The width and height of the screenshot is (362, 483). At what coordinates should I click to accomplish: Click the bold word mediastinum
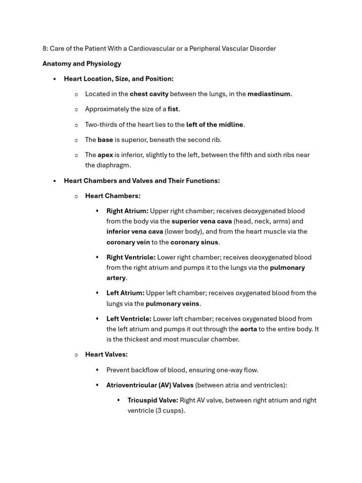tap(269, 94)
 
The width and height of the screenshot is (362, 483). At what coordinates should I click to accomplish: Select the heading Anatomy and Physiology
tap(82, 64)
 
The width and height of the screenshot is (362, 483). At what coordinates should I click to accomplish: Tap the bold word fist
tap(173, 109)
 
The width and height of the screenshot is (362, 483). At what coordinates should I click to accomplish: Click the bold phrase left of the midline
tap(214, 125)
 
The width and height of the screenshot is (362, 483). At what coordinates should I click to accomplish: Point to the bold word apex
tap(105, 155)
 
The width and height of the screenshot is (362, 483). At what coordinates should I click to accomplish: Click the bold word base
tap(105, 140)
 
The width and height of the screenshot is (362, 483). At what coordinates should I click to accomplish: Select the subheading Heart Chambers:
tap(113, 196)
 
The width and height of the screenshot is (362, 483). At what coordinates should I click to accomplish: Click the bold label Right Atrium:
tap(127, 211)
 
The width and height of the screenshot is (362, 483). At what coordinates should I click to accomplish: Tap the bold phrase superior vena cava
tap(201, 221)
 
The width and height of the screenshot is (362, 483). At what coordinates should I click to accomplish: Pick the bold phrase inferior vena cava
tap(134, 232)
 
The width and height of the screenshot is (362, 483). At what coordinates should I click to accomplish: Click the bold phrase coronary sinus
tap(194, 242)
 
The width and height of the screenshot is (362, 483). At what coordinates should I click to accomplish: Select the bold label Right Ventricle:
tap(131, 257)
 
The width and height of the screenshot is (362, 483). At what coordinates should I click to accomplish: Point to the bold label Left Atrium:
tap(125, 293)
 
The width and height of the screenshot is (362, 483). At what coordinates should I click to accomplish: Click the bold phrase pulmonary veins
tap(173, 304)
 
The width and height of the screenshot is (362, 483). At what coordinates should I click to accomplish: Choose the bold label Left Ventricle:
tap(129, 319)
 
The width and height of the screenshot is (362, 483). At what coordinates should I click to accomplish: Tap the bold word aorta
tap(248, 329)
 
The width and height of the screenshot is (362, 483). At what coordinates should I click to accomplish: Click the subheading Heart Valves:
tap(106, 354)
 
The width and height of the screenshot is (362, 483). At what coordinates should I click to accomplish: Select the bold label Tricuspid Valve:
tap(153, 400)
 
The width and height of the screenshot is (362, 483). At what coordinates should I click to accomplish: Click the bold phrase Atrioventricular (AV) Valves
tap(150, 385)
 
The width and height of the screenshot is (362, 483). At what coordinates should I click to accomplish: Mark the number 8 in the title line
tap(44, 49)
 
